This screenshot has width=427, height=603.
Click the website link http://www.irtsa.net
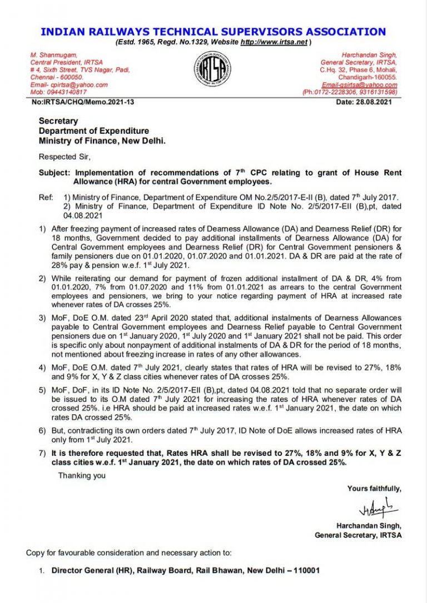coord(274,42)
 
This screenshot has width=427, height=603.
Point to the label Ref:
coord(45,198)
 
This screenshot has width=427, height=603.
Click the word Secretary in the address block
coord(58,121)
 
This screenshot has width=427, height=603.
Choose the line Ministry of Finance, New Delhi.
coord(102,140)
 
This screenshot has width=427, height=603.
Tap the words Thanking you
coord(82,475)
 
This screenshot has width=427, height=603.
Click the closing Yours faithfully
coord(374,489)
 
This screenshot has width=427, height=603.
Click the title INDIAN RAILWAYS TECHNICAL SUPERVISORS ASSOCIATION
coord(213,32)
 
